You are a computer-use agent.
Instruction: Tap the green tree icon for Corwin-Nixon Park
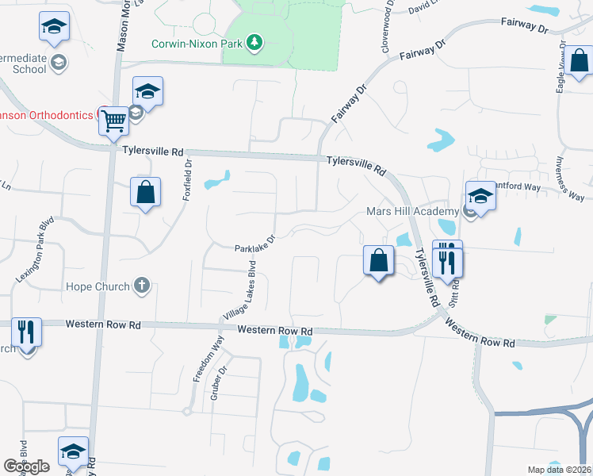tap(254, 41)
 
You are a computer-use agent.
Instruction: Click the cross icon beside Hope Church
tap(142, 286)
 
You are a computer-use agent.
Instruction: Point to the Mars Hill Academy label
tap(412, 212)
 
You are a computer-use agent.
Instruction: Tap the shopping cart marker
tap(114, 121)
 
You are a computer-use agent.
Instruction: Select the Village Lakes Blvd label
tap(239, 290)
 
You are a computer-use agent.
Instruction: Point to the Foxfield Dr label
tap(189, 178)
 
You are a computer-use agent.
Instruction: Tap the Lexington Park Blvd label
tap(35, 250)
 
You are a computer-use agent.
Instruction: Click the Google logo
tap(26, 466)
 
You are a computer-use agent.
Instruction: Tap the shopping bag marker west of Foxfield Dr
tap(146, 192)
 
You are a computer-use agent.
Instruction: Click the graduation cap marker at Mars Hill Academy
tap(480, 195)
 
